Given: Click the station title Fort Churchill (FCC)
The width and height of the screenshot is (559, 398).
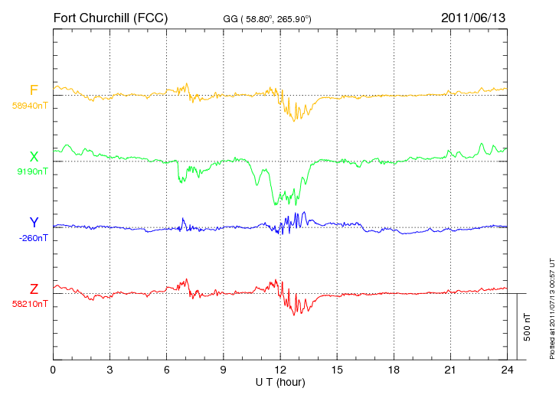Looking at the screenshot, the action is click(x=110, y=18).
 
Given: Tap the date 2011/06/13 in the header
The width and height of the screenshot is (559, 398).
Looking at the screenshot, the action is click(x=473, y=18).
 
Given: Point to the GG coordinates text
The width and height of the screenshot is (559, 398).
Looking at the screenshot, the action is click(x=267, y=19).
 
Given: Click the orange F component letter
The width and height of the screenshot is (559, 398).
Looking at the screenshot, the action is click(x=34, y=90).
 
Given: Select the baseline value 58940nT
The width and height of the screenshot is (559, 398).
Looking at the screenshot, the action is click(x=30, y=106).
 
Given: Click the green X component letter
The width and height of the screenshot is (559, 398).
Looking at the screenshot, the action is click(x=34, y=157).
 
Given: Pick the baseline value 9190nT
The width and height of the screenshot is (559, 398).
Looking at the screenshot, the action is click(x=32, y=171).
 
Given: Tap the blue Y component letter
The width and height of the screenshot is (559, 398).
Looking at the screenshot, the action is click(x=34, y=222).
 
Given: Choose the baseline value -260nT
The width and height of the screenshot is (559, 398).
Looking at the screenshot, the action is click(x=33, y=238).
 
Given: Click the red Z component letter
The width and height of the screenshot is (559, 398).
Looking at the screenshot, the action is click(x=34, y=289).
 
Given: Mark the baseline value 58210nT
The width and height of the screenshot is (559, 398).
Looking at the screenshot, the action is click(x=30, y=304).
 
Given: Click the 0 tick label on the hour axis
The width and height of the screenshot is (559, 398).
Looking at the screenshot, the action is click(x=53, y=370).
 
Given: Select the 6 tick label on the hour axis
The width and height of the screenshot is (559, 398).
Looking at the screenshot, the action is click(x=166, y=370).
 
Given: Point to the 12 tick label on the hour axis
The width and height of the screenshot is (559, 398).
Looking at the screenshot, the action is click(x=280, y=370).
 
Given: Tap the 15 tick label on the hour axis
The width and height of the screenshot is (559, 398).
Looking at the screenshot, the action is click(x=337, y=370).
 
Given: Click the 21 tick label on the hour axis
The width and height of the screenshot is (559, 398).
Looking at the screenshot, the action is click(x=450, y=370).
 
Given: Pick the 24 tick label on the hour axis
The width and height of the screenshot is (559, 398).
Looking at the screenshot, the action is click(x=507, y=370).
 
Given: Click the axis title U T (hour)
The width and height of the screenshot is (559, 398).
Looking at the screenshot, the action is click(x=280, y=383).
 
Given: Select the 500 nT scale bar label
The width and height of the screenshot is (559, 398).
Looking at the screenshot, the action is click(x=528, y=327).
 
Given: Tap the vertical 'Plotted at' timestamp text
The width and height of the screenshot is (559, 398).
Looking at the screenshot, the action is click(x=552, y=308).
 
